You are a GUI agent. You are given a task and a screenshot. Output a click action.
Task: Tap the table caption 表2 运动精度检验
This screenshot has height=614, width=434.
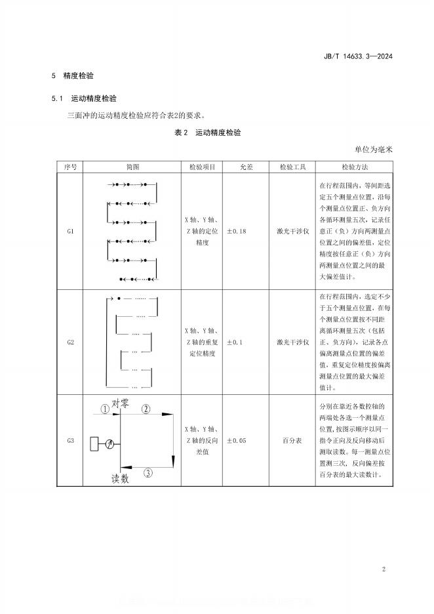[x=207, y=133]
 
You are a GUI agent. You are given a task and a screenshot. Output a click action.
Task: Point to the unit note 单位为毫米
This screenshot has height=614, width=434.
[x=374, y=150]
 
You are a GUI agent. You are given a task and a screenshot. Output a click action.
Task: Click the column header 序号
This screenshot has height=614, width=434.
[x=71, y=167]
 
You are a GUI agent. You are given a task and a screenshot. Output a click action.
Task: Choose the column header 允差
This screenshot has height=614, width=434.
[x=246, y=167]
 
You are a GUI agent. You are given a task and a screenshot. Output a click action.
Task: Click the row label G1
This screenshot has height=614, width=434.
[x=71, y=232]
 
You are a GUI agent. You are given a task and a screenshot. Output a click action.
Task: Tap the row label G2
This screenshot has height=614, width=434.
[x=71, y=342]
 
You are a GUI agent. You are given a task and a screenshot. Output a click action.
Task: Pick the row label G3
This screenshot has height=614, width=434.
[x=71, y=440]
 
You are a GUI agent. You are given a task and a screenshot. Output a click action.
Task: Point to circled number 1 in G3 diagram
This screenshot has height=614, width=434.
[x=104, y=409]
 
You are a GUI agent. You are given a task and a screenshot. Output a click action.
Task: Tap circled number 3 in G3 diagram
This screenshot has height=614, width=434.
[x=148, y=472]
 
